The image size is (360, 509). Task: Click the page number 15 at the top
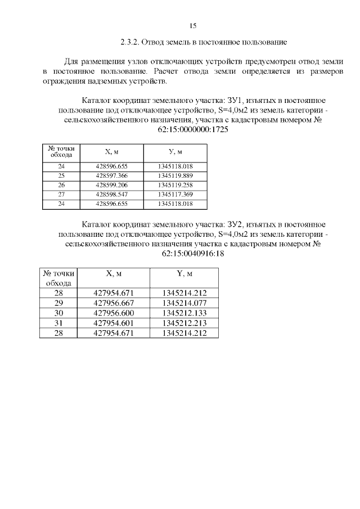(192, 26)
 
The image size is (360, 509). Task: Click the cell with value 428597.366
(111, 175)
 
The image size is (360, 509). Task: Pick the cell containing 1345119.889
(175, 175)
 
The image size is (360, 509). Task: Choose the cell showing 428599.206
(111, 185)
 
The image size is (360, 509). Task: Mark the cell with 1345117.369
(175, 194)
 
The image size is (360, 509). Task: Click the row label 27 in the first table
(61, 194)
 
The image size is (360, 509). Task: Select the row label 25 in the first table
(61, 175)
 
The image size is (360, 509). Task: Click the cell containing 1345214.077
(184, 303)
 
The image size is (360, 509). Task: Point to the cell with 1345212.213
(184, 323)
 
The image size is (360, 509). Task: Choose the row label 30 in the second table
(58, 313)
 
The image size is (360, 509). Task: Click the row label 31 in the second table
(58, 323)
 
